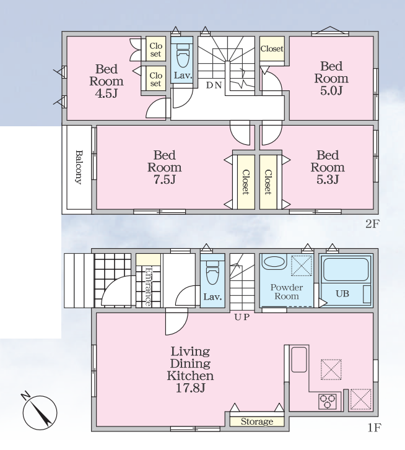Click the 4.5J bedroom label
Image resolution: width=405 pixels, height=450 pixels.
[x=107, y=81]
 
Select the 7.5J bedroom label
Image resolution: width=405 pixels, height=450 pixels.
[x=165, y=167]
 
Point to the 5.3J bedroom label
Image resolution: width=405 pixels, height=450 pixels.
[x=328, y=167]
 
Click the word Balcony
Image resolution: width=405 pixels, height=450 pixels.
[x=79, y=167]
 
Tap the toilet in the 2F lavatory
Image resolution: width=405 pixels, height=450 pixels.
[x=181, y=56]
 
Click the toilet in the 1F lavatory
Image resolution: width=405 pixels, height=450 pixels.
[x=212, y=272]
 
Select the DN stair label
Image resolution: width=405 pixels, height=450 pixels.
[x=214, y=85]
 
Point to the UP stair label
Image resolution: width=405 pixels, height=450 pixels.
[x=242, y=317]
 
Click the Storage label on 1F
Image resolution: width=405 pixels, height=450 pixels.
[x=257, y=422]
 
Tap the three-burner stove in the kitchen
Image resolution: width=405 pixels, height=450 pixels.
[x=328, y=401]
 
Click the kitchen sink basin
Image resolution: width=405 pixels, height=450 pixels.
[x=299, y=360]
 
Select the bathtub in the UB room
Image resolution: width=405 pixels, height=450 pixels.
[x=346, y=270]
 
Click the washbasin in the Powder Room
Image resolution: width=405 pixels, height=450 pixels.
[x=274, y=261]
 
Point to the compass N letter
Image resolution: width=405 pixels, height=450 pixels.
[x=26, y=396]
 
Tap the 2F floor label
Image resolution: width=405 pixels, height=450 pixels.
[x=373, y=223]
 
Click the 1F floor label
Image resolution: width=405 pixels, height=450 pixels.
[x=374, y=428]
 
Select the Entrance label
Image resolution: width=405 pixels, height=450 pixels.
[x=148, y=287]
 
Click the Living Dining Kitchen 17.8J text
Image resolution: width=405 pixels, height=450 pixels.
[x=190, y=370]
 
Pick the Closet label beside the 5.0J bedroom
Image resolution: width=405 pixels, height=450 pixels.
[x=272, y=49]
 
